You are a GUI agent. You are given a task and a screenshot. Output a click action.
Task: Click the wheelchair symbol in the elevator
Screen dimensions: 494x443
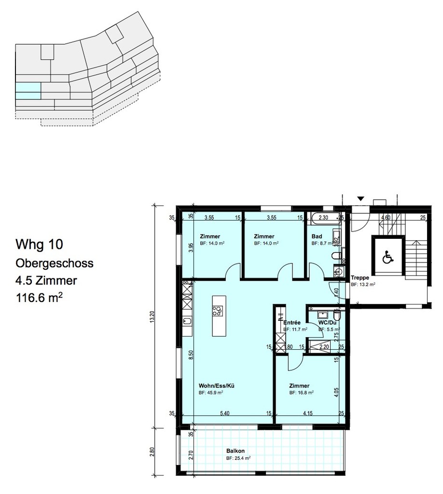click(x=387, y=258)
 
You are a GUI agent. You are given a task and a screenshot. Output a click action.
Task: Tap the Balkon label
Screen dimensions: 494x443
click(x=235, y=451)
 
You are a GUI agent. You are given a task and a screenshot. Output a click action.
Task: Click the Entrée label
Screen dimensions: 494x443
click(x=292, y=322)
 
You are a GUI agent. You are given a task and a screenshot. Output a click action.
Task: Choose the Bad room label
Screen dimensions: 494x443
click(x=317, y=237)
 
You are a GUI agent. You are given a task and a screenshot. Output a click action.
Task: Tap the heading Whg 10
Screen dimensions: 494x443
click(x=38, y=245)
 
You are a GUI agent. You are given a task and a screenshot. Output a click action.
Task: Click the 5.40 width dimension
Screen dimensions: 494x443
click(x=225, y=413)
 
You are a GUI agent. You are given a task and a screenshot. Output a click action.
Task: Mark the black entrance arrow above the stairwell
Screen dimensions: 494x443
click(x=360, y=198)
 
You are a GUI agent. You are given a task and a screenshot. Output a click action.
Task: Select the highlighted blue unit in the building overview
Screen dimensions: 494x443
click(x=28, y=91)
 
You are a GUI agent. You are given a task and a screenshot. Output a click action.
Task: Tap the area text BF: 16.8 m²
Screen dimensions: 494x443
click(x=302, y=393)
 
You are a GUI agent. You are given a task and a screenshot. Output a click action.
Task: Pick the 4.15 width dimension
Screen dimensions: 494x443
click(x=308, y=413)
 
